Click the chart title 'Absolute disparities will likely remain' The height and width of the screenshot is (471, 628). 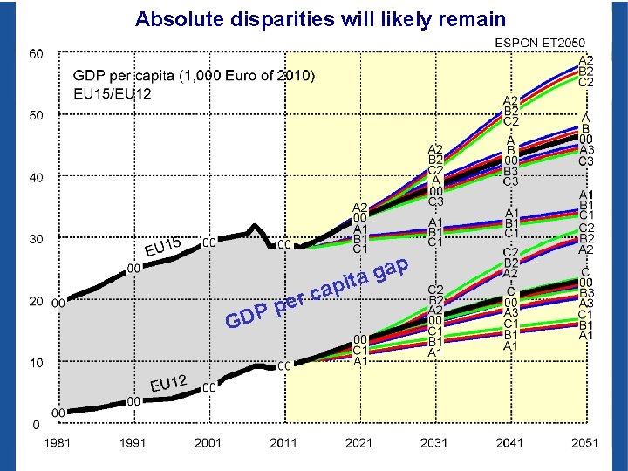pos(320,18)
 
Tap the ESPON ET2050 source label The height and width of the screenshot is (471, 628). pos(541,42)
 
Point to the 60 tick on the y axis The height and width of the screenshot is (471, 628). pos(37,54)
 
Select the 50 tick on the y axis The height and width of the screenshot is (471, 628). pos(37,115)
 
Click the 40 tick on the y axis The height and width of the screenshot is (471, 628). pos(37,177)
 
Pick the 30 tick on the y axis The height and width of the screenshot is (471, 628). pos(37,239)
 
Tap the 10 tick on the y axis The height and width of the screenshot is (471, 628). pos(37,363)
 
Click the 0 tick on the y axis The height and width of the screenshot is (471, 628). pos(37,425)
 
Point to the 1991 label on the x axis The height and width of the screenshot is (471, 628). pos(133,443)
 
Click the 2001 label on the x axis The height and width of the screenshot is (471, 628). pos(208,443)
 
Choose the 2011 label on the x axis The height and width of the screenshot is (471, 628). pos(283,443)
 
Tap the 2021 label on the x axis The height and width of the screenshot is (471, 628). pos(358,443)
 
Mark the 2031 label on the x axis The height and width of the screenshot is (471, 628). pos(434,443)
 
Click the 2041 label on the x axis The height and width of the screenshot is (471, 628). pos(509,443)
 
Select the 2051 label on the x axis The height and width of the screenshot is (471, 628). pos(584,443)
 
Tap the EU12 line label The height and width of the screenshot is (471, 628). pos(169,382)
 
